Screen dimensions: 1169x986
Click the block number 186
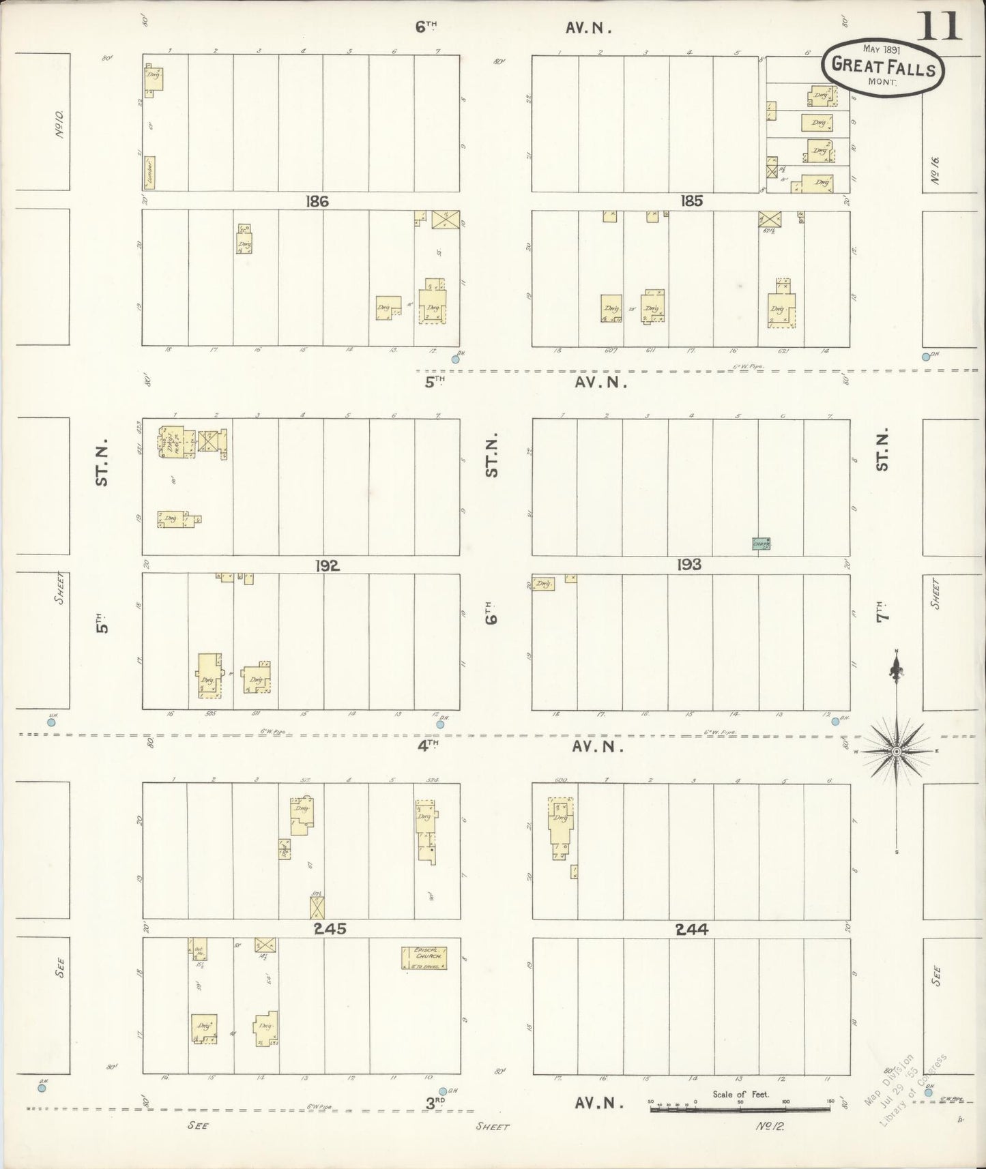(x=318, y=201)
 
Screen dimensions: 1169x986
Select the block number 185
(x=691, y=201)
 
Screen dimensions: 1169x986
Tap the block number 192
(x=327, y=565)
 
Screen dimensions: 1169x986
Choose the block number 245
(x=330, y=928)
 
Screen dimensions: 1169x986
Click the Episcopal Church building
(x=424, y=958)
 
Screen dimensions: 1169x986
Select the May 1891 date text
(x=880, y=49)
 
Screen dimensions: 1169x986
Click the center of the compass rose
(x=896, y=751)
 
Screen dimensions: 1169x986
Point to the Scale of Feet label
(x=740, y=1094)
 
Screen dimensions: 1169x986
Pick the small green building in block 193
(x=760, y=544)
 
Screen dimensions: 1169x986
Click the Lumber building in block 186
(x=149, y=173)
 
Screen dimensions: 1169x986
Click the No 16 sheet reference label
(x=934, y=169)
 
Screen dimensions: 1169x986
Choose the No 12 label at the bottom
(x=771, y=1126)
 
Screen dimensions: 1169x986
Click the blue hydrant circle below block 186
(x=456, y=359)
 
